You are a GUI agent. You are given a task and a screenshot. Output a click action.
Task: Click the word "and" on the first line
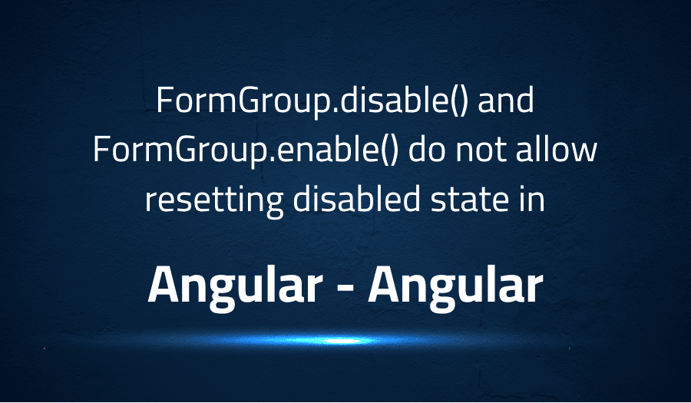coord(506,101)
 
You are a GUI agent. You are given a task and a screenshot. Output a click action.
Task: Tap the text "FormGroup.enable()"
coord(246,151)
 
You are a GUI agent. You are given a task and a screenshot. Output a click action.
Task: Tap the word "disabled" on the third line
coord(356,199)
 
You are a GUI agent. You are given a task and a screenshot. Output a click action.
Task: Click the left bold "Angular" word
coord(235,286)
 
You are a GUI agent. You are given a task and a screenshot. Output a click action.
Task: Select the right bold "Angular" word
coord(455,286)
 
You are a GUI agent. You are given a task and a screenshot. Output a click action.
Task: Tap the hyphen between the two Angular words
coord(345,289)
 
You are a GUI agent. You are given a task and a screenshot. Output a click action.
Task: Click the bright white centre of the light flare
coord(342,341)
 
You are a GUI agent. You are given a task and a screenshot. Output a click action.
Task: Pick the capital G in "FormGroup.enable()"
coord(186,150)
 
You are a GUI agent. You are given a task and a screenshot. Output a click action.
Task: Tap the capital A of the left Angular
coord(164,285)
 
